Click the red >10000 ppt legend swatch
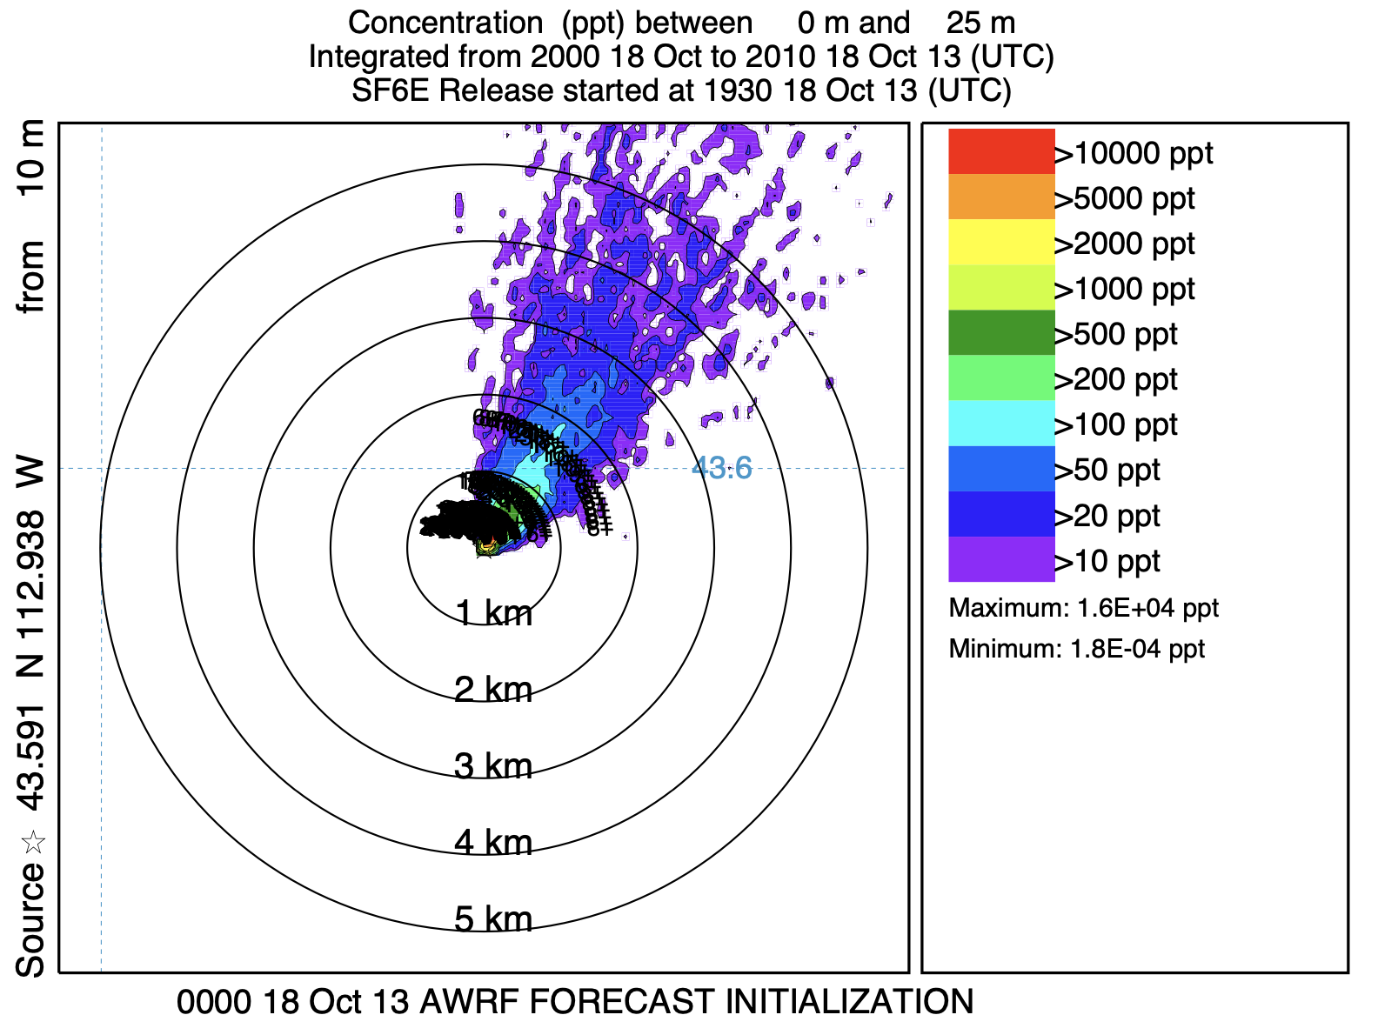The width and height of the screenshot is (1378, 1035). (1001, 151)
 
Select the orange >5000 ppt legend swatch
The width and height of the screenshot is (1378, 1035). (1001, 197)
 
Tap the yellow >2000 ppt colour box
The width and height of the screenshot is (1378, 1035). (1001, 242)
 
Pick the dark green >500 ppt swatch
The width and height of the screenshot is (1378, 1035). (1001, 332)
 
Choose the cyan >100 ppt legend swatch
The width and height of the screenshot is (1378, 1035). (1001, 424)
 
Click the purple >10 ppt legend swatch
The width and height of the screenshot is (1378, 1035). (1001, 559)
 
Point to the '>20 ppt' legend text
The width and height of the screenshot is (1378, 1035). (1107, 516)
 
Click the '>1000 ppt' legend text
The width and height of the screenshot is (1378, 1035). (1125, 289)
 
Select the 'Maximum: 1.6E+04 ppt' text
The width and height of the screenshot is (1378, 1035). (1083, 608)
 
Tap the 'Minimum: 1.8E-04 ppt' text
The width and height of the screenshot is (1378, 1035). (1076, 649)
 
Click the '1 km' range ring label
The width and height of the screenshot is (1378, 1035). (493, 614)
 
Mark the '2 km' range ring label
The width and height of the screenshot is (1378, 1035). (493, 690)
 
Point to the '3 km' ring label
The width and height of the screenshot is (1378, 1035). (493, 766)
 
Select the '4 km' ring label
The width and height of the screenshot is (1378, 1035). (493, 842)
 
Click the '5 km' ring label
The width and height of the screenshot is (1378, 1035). (493, 918)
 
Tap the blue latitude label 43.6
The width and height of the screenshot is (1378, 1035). (721, 468)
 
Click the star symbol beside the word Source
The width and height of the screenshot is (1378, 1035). (32, 842)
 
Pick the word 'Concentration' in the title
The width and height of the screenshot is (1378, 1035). (445, 23)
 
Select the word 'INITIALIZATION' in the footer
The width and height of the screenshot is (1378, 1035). (849, 1002)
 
